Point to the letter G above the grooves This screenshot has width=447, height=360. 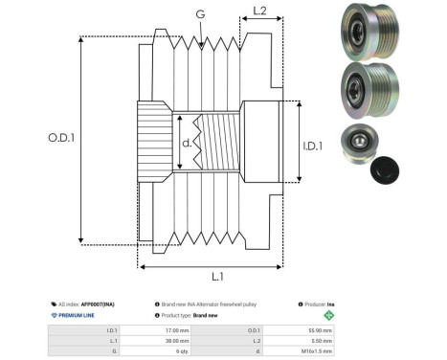click(199, 14)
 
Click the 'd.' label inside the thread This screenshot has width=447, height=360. click(186, 144)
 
